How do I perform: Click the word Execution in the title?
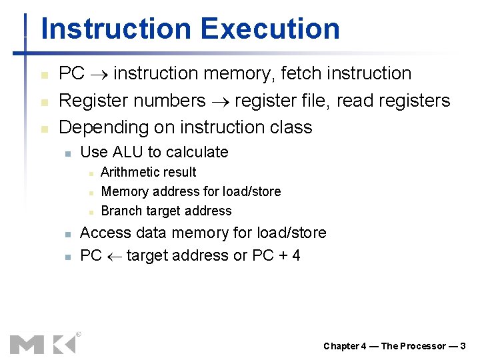click(269, 29)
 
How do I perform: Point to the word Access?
click(104, 233)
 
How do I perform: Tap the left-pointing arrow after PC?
click(114, 256)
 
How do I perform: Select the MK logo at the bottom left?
click(43, 343)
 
